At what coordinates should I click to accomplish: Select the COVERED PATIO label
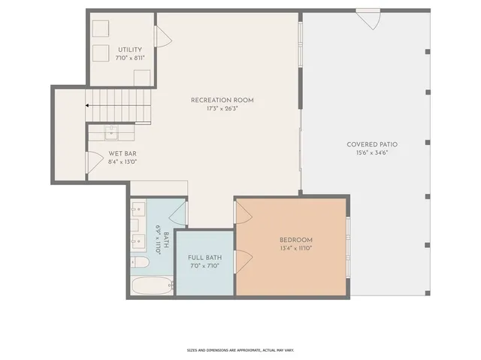[x=372, y=144]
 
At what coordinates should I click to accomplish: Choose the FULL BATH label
[x=205, y=258]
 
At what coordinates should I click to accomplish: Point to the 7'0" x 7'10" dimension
[x=205, y=266]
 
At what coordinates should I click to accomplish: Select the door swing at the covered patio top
[x=368, y=19]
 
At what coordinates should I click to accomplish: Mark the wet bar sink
[x=110, y=132]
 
